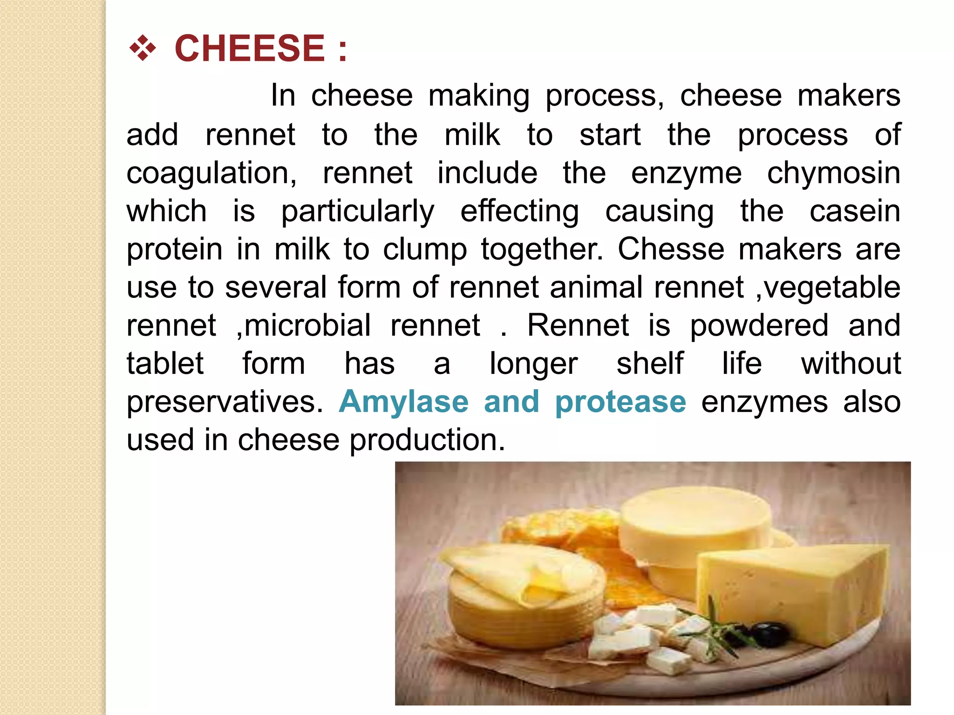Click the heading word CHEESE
(249, 48)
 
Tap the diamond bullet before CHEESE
(142, 48)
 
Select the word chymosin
(833, 173)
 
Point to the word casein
(855, 211)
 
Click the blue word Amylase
(403, 402)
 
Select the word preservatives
(225, 402)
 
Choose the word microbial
(307, 325)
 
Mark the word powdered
(759, 325)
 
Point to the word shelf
(650, 364)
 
